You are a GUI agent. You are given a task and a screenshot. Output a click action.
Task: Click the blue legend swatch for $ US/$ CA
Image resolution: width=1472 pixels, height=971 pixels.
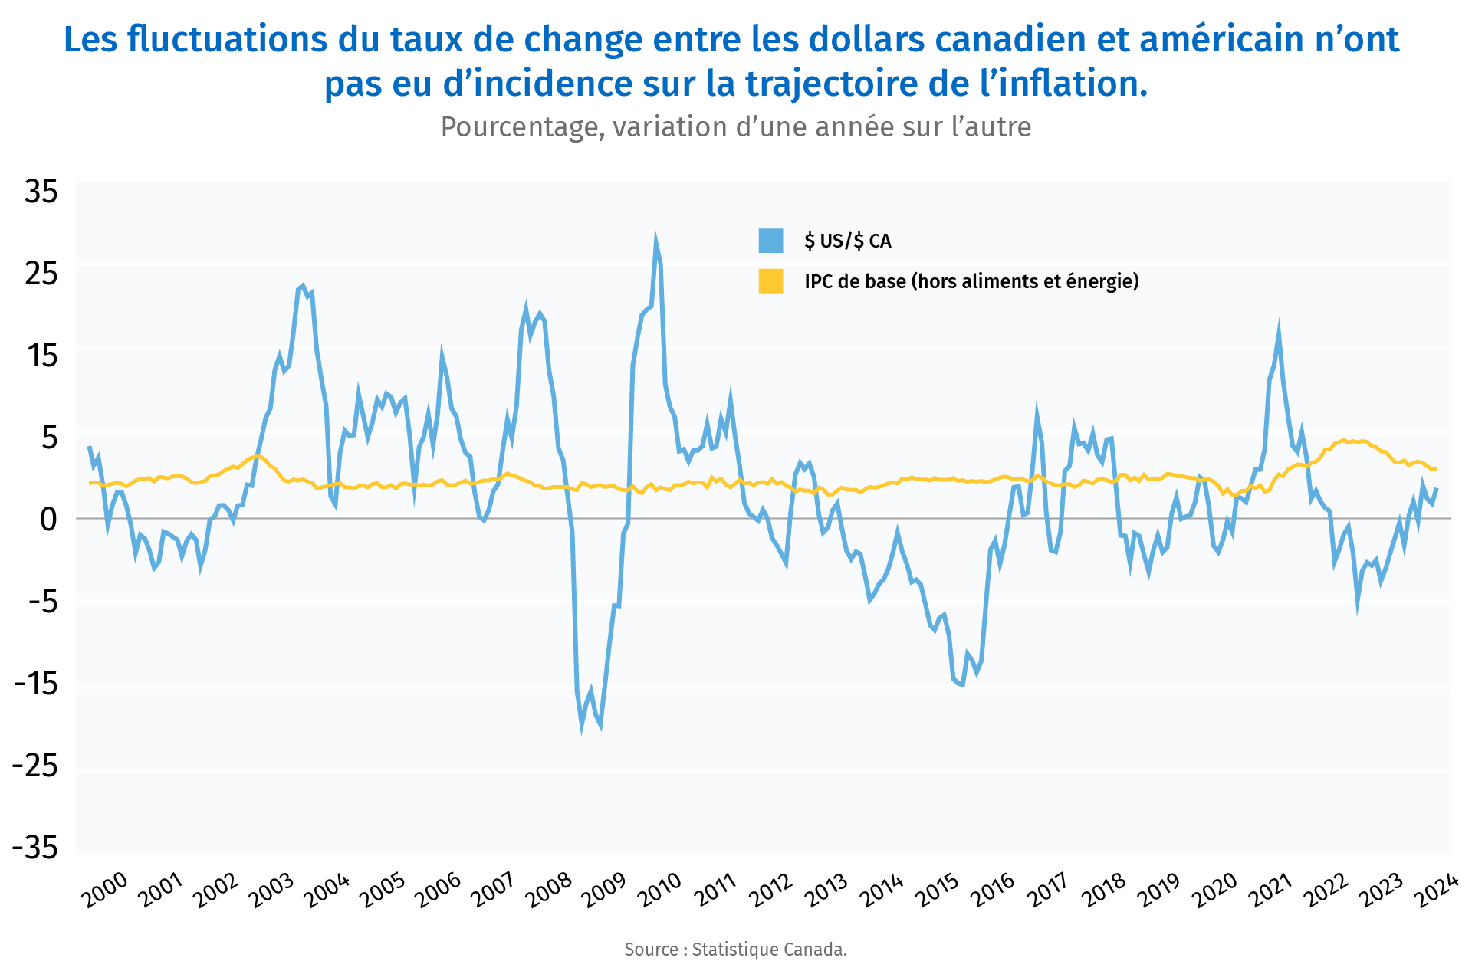pyautogui.click(x=770, y=241)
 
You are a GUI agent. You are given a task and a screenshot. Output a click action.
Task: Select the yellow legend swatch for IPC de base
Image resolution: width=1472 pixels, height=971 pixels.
pyautogui.click(x=770, y=281)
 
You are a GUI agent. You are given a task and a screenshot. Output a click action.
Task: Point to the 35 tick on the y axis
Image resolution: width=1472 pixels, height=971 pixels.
pyautogui.click(x=41, y=192)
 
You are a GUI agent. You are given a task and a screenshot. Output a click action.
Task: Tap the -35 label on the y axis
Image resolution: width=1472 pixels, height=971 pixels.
pyautogui.click(x=35, y=848)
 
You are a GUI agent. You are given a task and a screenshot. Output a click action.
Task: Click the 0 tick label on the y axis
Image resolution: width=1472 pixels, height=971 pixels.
pyautogui.click(x=48, y=520)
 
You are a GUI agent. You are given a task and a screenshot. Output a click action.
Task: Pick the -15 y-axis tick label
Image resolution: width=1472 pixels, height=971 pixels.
pyautogui.click(x=35, y=684)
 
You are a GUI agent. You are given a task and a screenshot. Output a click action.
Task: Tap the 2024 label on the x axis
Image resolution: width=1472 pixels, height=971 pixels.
pyautogui.click(x=1437, y=891)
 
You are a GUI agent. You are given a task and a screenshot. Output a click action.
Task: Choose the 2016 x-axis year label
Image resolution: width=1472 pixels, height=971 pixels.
pyautogui.click(x=994, y=891)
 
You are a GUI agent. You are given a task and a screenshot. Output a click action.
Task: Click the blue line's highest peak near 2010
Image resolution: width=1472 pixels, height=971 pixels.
pyautogui.click(x=655, y=240)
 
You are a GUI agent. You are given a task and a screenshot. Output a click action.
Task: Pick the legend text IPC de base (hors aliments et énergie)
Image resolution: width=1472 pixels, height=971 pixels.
pyautogui.click(x=971, y=281)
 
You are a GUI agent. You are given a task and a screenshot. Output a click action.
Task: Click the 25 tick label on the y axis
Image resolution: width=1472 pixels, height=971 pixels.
pyautogui.click(x=41, y=274)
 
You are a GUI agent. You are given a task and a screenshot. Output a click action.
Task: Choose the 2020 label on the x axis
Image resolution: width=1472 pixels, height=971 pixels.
pyautogui.click(x=1215, y=891)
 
